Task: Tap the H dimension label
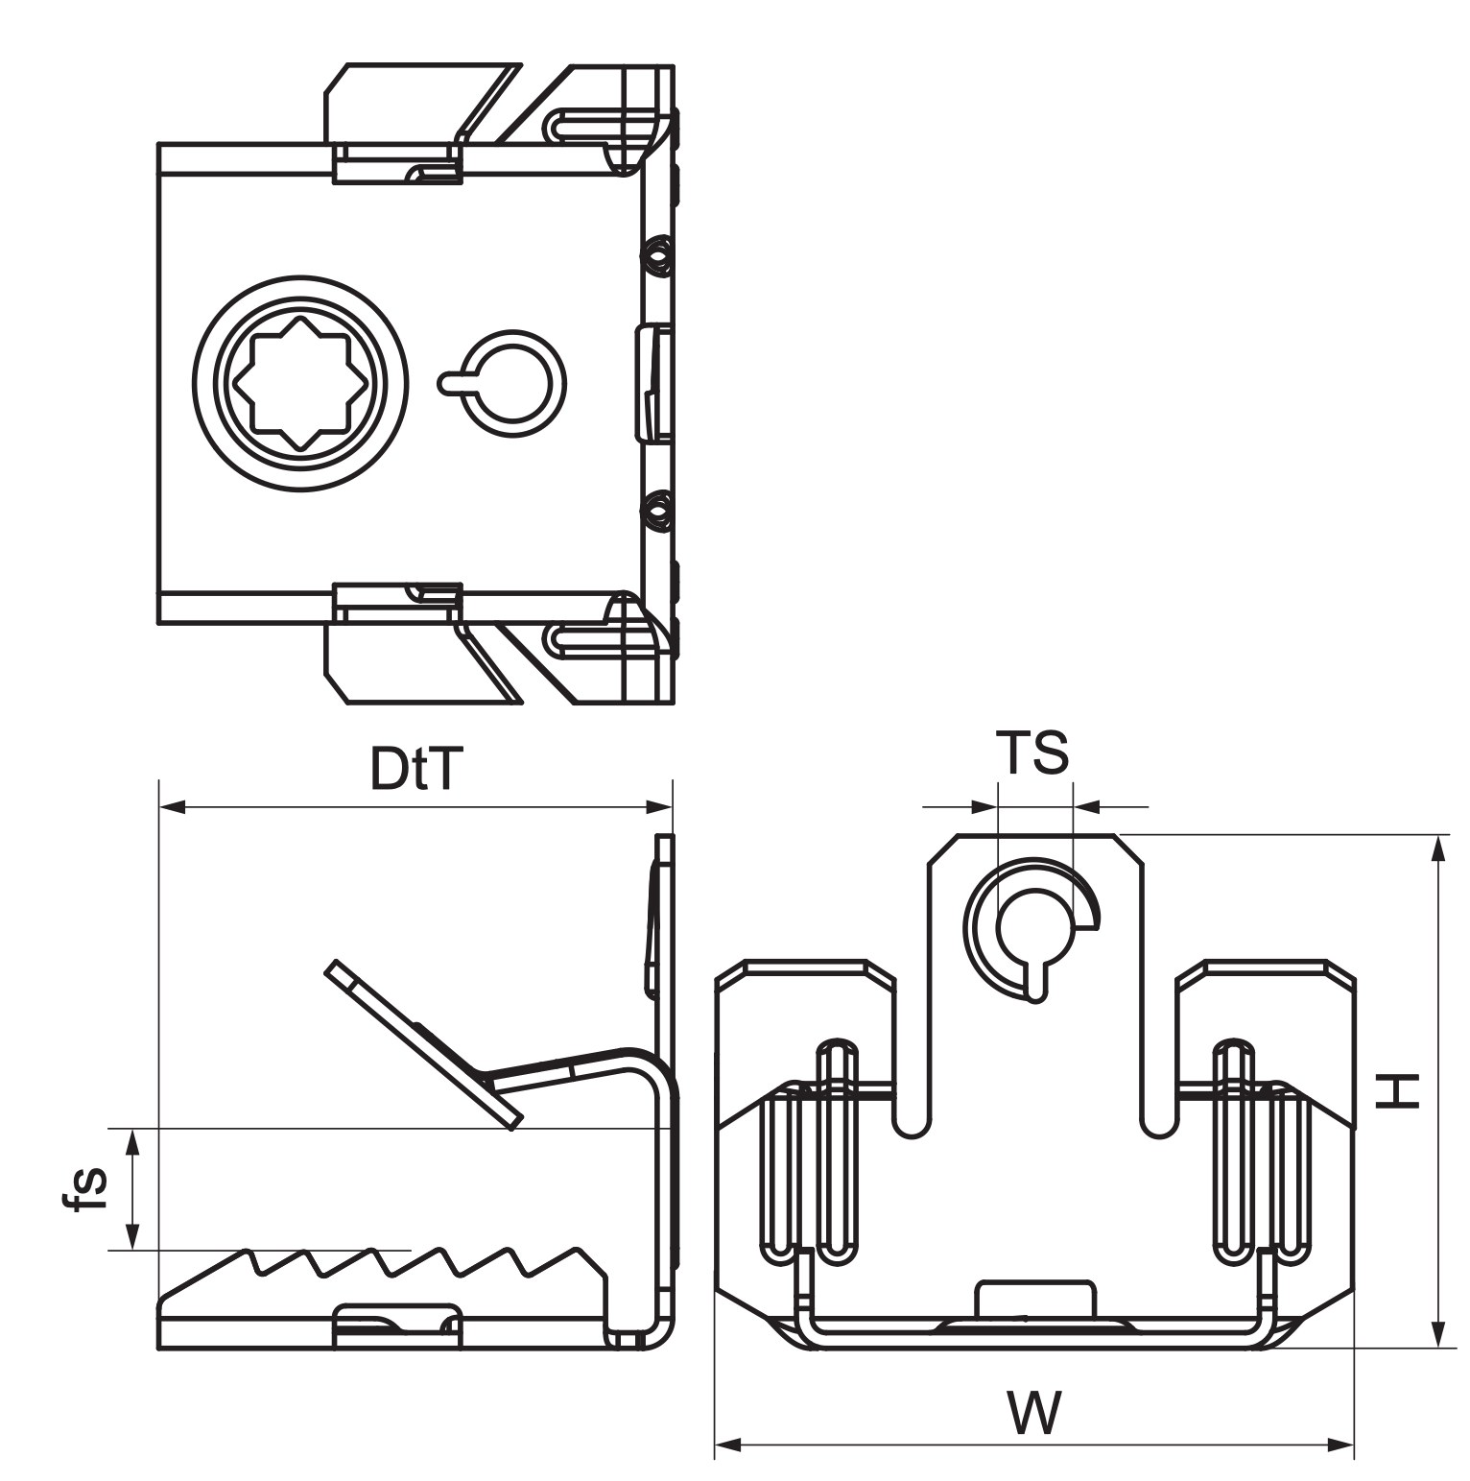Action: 1397,1090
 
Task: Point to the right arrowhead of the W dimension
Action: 1340,1443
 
